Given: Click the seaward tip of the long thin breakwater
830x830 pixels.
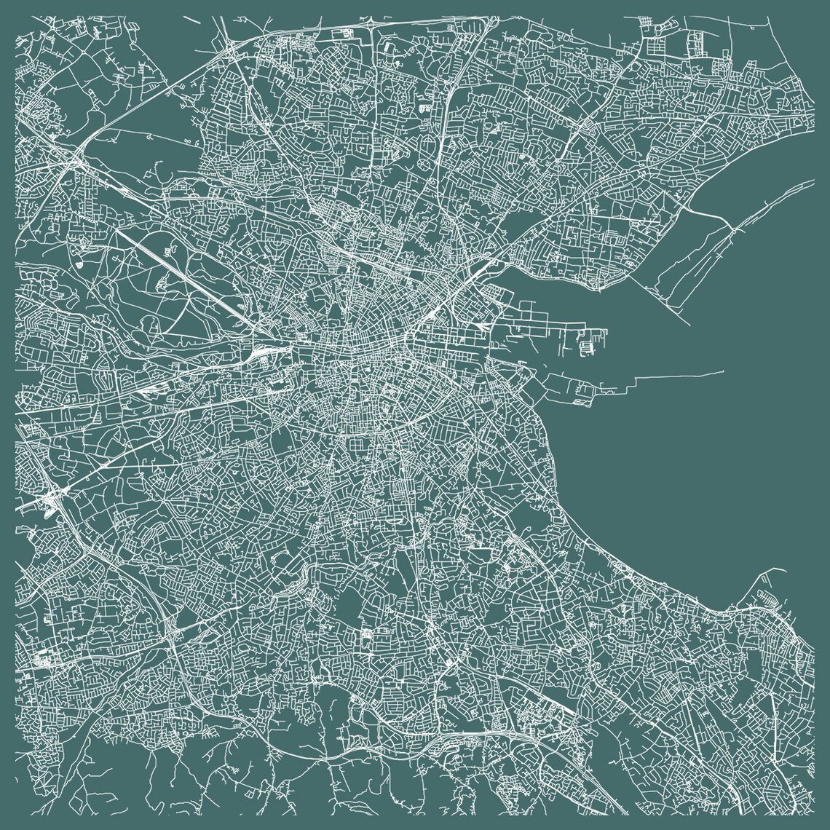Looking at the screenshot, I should tap(724, 372).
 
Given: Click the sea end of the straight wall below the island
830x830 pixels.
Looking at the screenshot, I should tap(689, 325).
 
